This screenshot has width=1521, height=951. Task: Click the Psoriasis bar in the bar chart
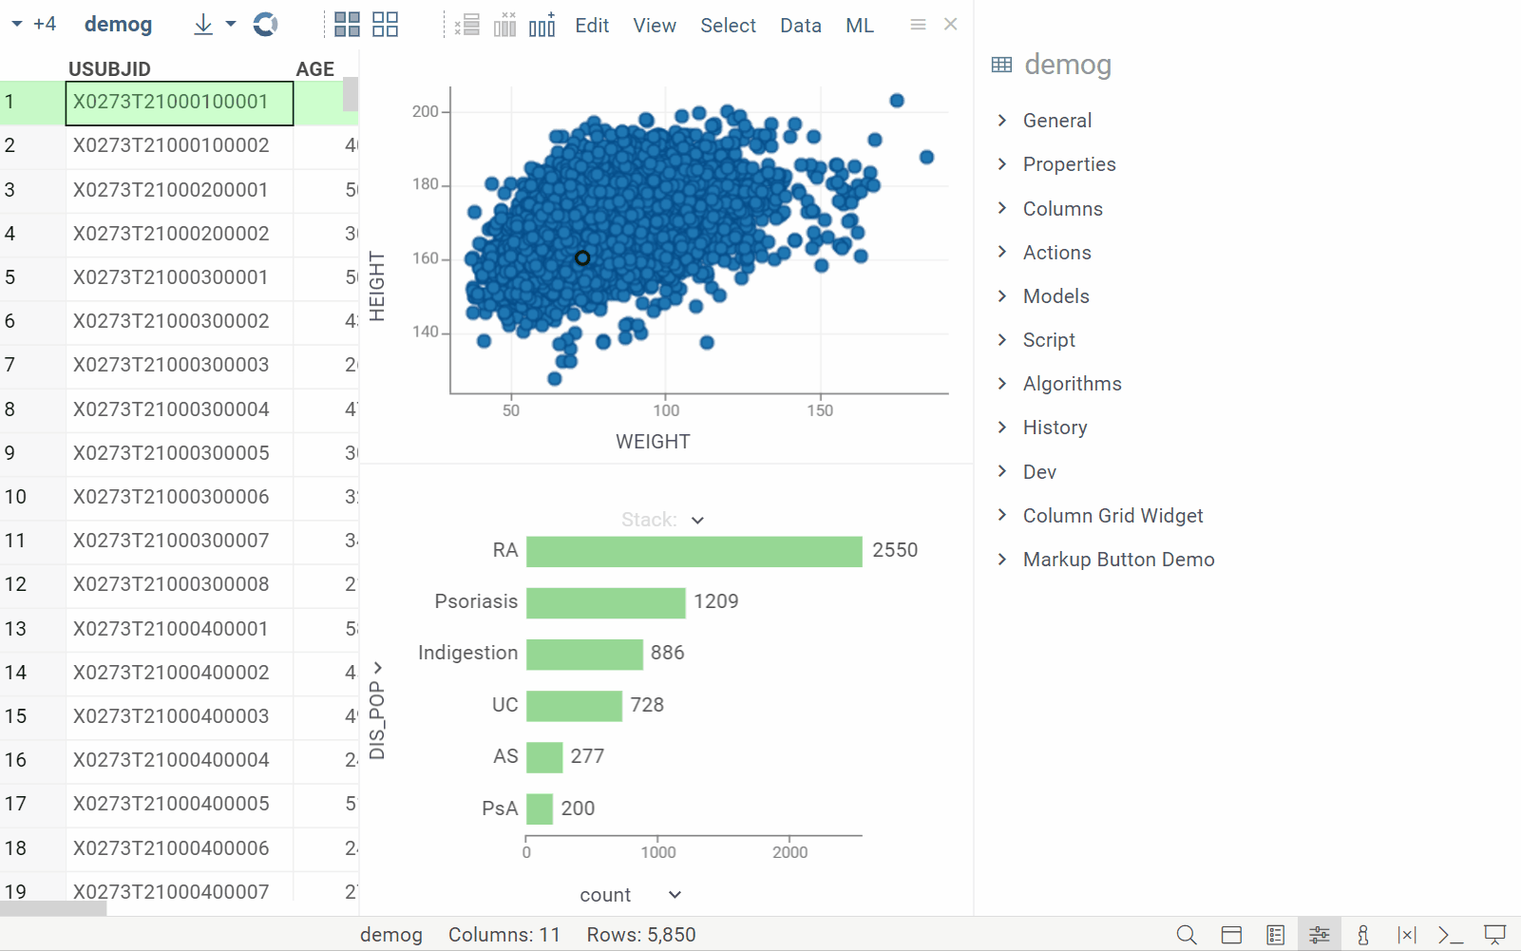point(605,602)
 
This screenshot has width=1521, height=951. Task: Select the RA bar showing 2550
point(694,551)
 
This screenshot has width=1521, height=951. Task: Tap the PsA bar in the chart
point(540,808)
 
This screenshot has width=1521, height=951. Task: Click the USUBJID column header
point(109,69)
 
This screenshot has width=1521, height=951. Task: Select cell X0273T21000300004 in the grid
point(171,409)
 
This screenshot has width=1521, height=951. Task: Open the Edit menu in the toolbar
point(591,26)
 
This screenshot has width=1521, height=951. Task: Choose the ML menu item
point(859,26)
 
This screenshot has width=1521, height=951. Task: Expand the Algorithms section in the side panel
point(1072,384)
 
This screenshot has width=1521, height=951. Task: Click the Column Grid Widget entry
point(1112,516)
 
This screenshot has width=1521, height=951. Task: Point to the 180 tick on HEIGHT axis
point(426,184)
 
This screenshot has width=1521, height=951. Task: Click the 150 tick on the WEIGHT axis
point(820,410)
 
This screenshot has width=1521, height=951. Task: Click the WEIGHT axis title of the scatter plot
point(653,442)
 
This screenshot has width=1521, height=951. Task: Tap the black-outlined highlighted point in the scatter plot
point(582,257)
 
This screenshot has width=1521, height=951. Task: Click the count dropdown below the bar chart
point(630,895)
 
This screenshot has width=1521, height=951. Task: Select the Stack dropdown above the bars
point(662,520)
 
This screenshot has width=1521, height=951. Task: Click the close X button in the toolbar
point(950,25)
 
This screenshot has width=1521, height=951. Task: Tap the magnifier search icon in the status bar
point(1186,935)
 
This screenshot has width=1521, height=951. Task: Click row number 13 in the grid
point(16,629)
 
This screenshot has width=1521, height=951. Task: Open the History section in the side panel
point(1055,428)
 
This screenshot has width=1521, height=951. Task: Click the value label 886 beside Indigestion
point(667,653)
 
